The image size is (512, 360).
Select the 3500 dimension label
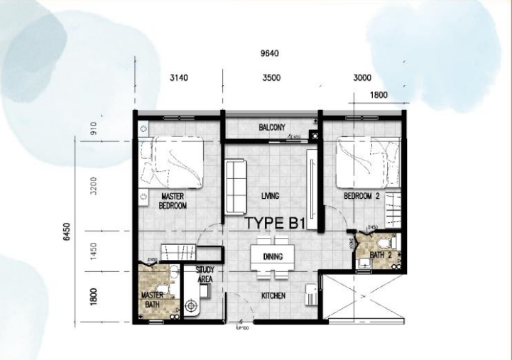tap(271, 78)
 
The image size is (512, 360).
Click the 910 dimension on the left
tap(93, 130)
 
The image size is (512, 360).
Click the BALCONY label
tap(271, 128)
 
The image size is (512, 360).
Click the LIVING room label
tap(270, 195)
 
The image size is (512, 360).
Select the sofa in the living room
tap(235, 186)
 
